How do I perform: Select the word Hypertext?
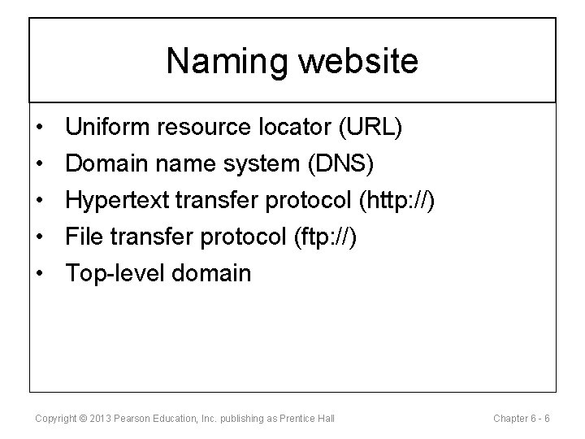click(x=120, y=199)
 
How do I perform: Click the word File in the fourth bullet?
click(x=84, y=236)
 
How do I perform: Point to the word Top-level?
click(x=118, y=273)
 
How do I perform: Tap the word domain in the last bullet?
click(x=214, y=272)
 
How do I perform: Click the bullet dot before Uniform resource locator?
click(x=39, y=127)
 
